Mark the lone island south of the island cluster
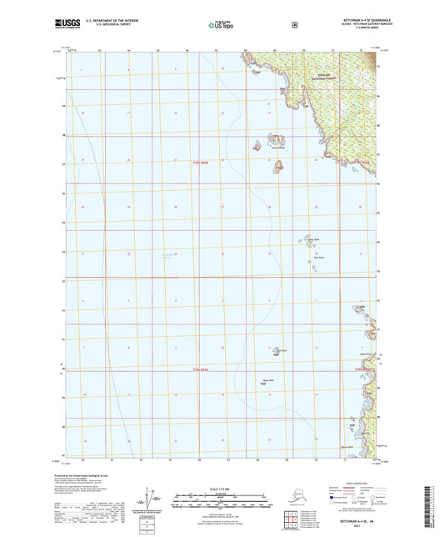coord(277,168)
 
